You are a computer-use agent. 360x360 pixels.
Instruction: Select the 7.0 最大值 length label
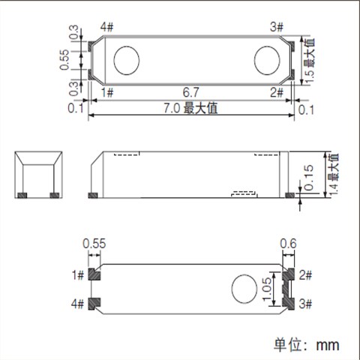(191, 109)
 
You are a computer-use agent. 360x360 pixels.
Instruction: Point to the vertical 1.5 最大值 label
(308, 61)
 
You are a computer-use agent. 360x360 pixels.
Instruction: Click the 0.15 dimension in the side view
(310, 178)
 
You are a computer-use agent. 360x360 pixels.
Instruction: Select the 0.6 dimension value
(289, 243)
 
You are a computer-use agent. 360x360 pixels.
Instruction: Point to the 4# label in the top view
(106, 28)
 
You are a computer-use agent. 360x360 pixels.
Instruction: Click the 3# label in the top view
(275, 28)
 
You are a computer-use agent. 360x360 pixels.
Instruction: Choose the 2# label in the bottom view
(306, 274)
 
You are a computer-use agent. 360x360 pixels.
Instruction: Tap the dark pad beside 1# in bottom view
(94, 274)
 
